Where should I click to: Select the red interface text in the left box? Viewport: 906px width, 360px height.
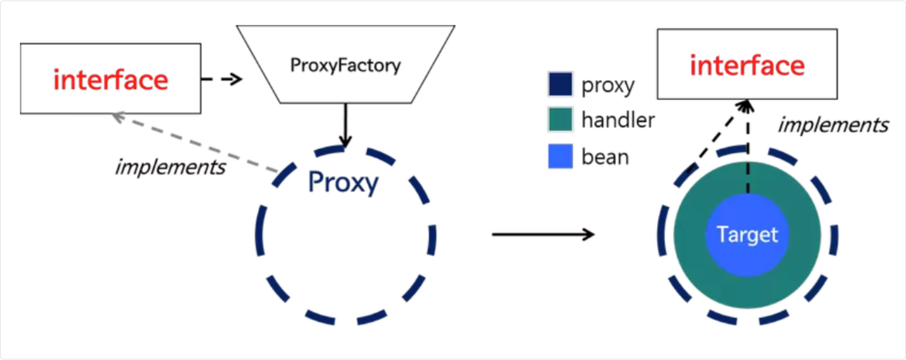tap(111, 80)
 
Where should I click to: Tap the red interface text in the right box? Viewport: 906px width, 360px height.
tap(747, 66)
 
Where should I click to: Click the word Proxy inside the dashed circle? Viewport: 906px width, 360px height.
tap(343, 183)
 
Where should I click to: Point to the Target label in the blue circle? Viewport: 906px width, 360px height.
tap(747, 235)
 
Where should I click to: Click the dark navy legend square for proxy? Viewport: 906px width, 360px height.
tap(560, 85)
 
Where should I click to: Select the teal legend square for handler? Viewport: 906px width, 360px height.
tap(560, 121)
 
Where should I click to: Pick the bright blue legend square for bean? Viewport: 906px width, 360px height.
tap(560, 157)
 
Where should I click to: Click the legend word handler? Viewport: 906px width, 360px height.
tap(618, 121)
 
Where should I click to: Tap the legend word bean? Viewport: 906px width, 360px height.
tap(605, 157)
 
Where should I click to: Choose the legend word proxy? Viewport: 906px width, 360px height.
tap(608, 85)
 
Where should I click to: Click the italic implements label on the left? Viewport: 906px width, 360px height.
tap(170, 167)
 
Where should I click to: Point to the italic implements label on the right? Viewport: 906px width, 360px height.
tap(833, 125)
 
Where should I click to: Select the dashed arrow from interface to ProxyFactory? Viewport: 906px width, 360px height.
tap(221, 80)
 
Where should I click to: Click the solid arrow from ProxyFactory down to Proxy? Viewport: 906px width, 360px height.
tap(346, 125)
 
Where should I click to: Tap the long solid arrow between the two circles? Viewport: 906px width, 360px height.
tap(543, 235)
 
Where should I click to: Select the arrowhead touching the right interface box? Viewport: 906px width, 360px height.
tap(744, 106)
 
